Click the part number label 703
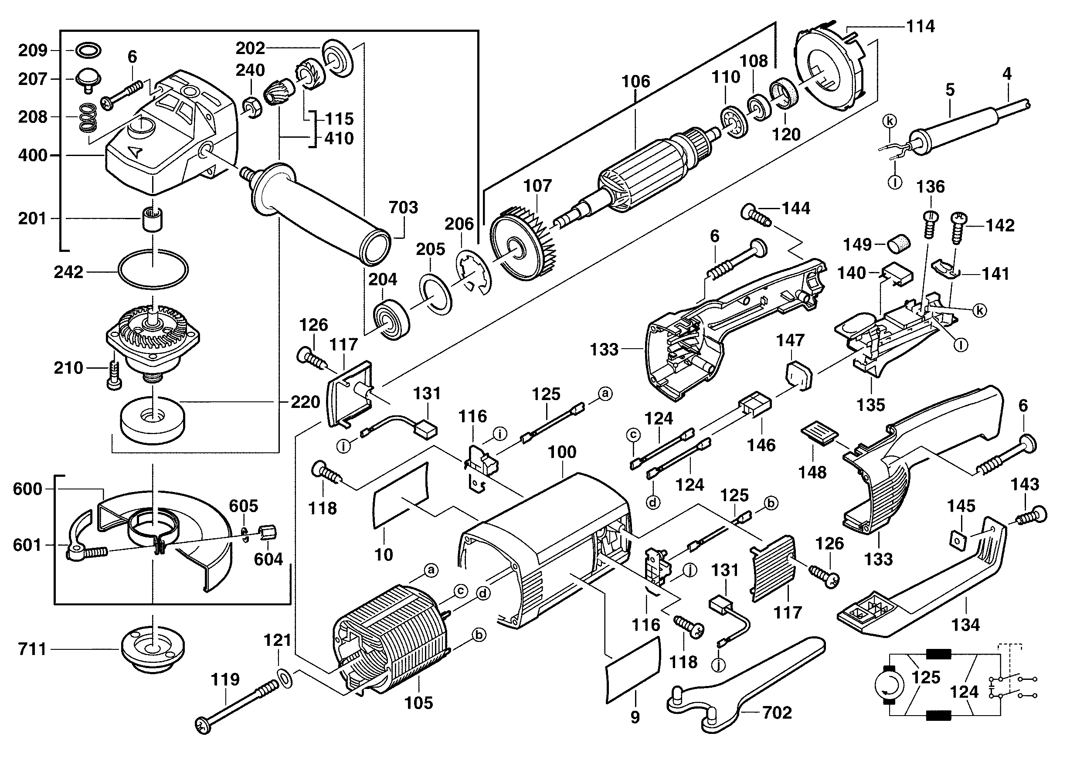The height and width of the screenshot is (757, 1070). [x=403, y=207]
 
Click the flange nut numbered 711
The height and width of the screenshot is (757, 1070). [x=153, y=650]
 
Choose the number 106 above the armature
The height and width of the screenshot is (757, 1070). [x=635, y=81]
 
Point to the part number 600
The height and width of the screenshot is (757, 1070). [x=27, y=489]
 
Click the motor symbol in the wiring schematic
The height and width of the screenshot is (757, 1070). [x=889, y=686]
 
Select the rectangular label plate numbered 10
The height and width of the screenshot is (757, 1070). [x=400, y=496]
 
